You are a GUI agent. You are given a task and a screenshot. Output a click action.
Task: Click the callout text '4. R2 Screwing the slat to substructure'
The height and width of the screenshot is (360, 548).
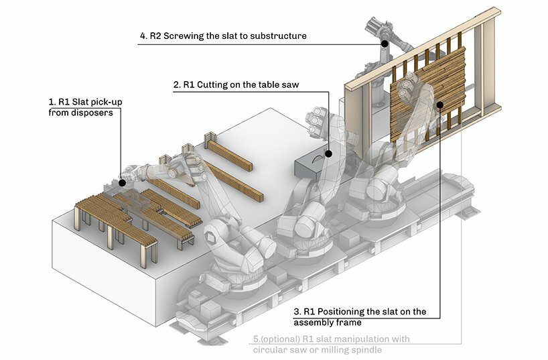223,36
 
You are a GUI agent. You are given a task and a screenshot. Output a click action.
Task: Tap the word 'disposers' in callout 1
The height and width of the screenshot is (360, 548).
72,113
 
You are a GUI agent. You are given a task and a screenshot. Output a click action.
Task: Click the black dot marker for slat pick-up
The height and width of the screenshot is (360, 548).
122,182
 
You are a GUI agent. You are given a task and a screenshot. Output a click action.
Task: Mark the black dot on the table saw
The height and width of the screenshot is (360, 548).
329,154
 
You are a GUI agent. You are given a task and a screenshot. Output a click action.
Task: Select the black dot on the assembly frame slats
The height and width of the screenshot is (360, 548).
440,104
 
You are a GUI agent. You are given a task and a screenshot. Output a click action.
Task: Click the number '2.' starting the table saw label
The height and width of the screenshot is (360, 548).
177,85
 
